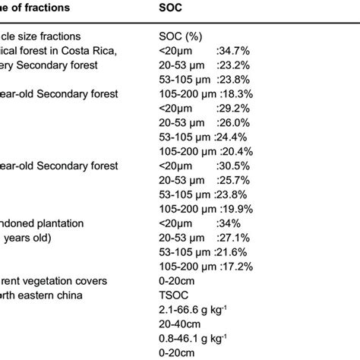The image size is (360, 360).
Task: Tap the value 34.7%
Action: tap(232, 51)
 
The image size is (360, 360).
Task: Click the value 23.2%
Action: tap(232, 65)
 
